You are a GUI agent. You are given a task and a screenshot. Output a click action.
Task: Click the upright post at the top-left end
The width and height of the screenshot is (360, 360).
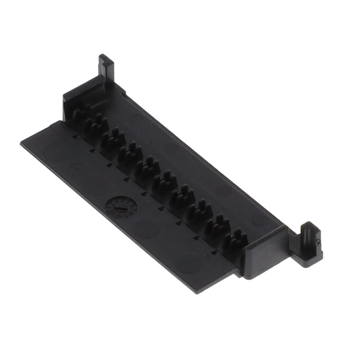[x=106, y=67]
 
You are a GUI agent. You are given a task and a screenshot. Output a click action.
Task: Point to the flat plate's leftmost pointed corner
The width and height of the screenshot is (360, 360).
[x=22, y=143]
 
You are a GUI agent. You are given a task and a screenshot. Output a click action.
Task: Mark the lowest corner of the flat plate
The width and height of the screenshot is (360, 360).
[x=196, y=291]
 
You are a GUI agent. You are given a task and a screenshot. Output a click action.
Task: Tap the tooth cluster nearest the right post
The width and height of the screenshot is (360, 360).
[x=236, y=239]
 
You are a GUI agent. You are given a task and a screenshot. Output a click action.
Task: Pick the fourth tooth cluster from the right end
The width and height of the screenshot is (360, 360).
[x=182, y=196]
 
